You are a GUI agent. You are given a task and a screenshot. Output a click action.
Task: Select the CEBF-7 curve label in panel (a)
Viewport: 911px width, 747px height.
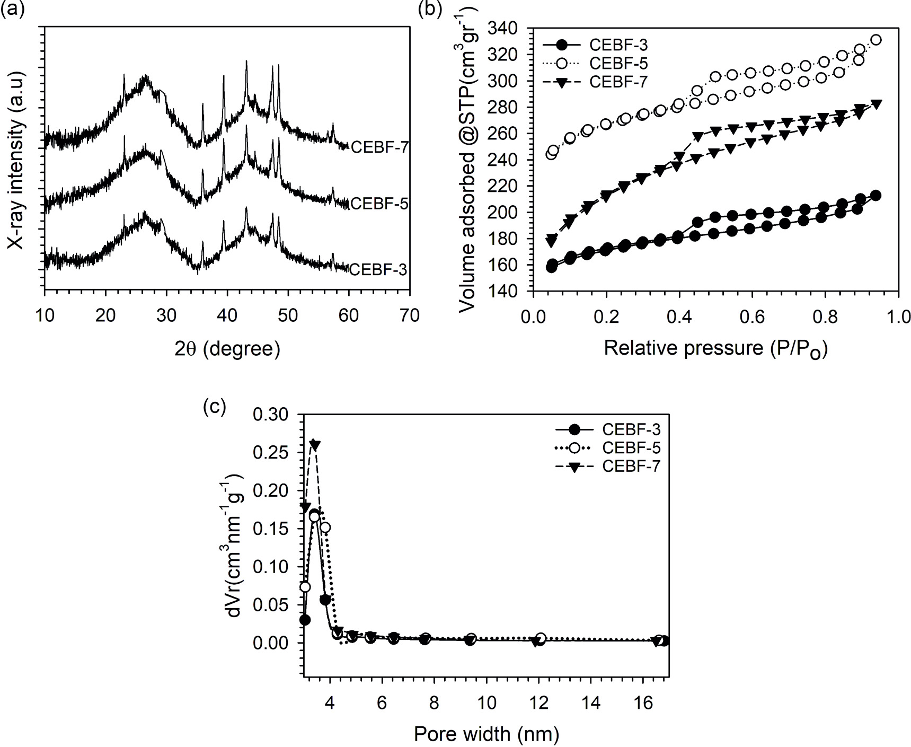pyautogui.click(x=379, y=147)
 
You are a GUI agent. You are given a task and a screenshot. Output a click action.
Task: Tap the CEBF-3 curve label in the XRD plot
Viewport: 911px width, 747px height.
pyautogui.click(x=379, y=270)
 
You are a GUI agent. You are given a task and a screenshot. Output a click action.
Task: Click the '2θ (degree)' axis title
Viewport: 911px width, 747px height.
pyautogui.click(x=227, y=349)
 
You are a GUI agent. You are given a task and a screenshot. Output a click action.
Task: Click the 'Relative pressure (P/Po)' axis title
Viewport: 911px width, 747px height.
pyautogui.click(x=715, y=349)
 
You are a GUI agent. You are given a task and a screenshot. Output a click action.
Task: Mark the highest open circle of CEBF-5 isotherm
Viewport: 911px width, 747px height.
pyautogui.click(x=876, y=40)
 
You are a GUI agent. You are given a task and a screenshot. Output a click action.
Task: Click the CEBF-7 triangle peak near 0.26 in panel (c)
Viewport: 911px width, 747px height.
pyautogui.click(x=314, y=445)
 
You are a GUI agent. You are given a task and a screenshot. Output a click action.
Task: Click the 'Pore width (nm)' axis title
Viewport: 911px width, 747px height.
pyautogui.click(x=486, y=734)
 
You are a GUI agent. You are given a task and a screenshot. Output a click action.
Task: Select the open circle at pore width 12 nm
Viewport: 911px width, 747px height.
pyautogui.click(x=541, y=638)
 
